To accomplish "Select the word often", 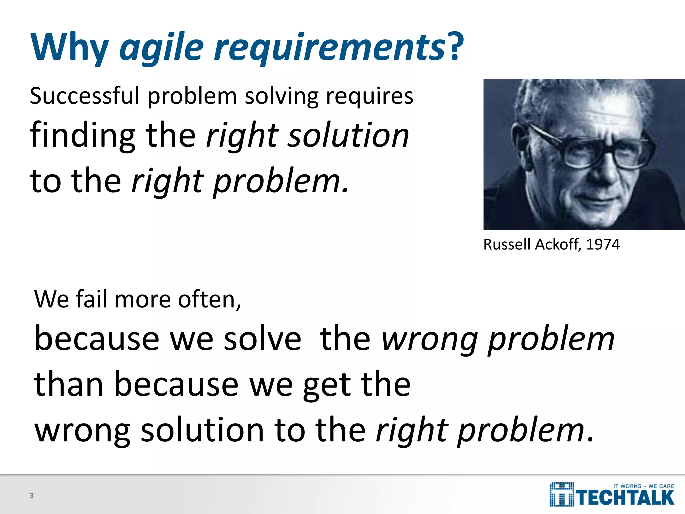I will click(209, 299).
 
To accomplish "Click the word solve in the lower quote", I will click(262, 339).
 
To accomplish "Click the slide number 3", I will click(32, 496).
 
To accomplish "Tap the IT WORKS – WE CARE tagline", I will click(644, 486).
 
